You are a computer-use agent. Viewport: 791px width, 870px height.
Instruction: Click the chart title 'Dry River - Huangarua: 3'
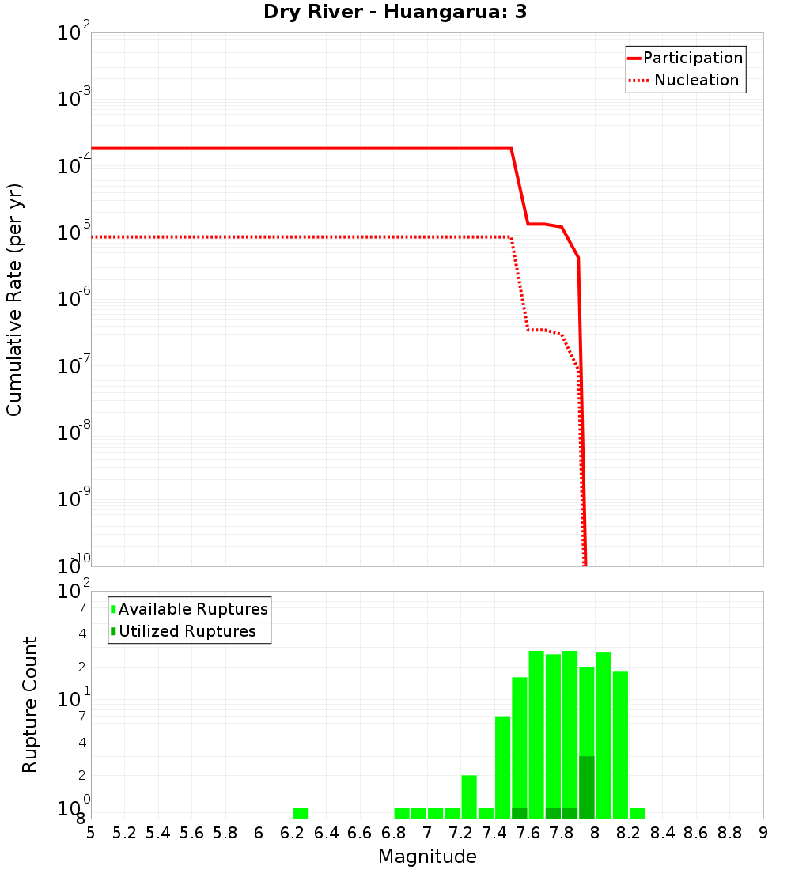pyautogui.click(x=395, y=13)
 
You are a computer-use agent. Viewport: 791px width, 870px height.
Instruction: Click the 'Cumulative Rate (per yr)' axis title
pyautogui.click(x=14, y=300)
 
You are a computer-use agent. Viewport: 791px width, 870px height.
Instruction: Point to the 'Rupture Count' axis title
pyautogui.click(x=30, y=705)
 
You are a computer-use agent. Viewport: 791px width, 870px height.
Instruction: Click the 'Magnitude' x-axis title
pyautogui.click(x=427, y=857)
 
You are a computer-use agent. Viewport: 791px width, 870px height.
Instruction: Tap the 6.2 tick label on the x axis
pyautogui.click(x=293, y=833)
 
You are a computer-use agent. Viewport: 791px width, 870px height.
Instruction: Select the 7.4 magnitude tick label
pyautogui.click(x=494, y=833)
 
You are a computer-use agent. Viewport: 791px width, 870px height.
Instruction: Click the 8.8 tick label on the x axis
pyautogui.click(x=729, y=833)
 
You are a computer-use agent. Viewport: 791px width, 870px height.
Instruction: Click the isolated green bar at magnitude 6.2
pyautogui.click(x=301, y=813)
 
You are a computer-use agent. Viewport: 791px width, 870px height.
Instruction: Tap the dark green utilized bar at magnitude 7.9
pyautogui.click(x=586, y=787)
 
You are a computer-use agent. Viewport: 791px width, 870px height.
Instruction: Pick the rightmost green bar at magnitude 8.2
pyautogui.click(x=637, y=813)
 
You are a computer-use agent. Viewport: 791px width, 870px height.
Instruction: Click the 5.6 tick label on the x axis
pyautogui.click(x=191, y=833)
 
